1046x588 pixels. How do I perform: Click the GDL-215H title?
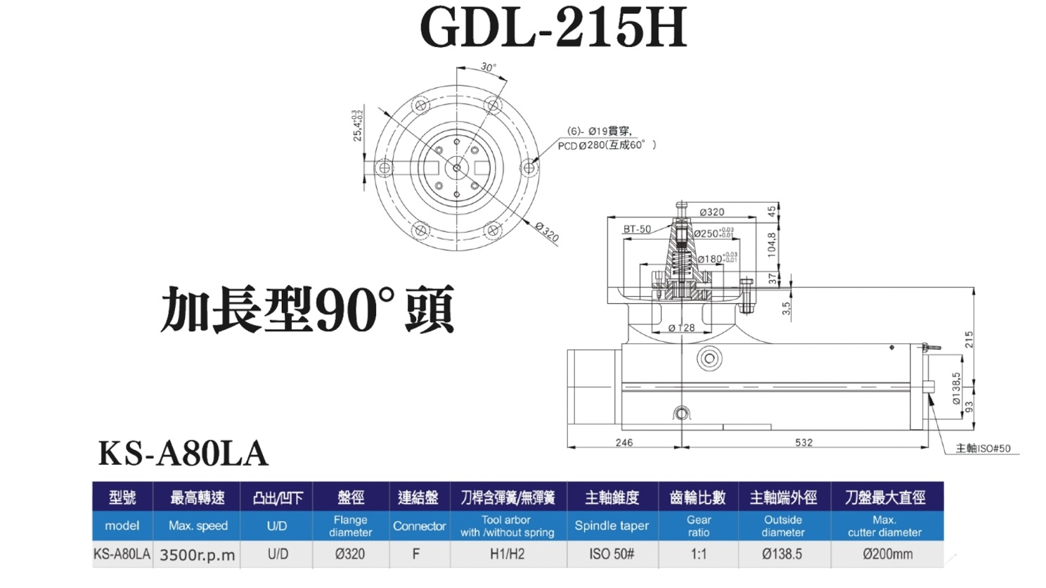(554, 27)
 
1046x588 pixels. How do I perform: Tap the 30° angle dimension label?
(489, 68)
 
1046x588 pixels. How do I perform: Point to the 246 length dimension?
(624, 442)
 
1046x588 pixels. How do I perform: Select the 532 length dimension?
(803, 442)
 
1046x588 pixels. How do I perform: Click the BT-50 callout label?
(637, 229)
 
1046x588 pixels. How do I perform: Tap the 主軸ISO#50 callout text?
(983, 448)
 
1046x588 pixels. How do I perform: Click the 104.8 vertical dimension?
(771, 245)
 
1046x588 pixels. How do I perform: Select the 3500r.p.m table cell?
(197, 555)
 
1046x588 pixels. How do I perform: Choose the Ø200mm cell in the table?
(887, 554)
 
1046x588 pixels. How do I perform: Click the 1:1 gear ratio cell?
(699, 554)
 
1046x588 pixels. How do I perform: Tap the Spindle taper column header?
(612, 526)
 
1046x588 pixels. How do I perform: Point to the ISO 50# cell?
(612, 554)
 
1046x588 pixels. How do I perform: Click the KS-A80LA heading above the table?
(183, 453)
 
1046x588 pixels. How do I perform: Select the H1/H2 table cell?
(507, 554)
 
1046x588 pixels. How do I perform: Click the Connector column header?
(420, 526)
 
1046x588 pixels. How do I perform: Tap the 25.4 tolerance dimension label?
(357, 125)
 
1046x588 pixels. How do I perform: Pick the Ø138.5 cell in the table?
(782, 554)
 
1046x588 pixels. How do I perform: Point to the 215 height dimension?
(969, 339)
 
